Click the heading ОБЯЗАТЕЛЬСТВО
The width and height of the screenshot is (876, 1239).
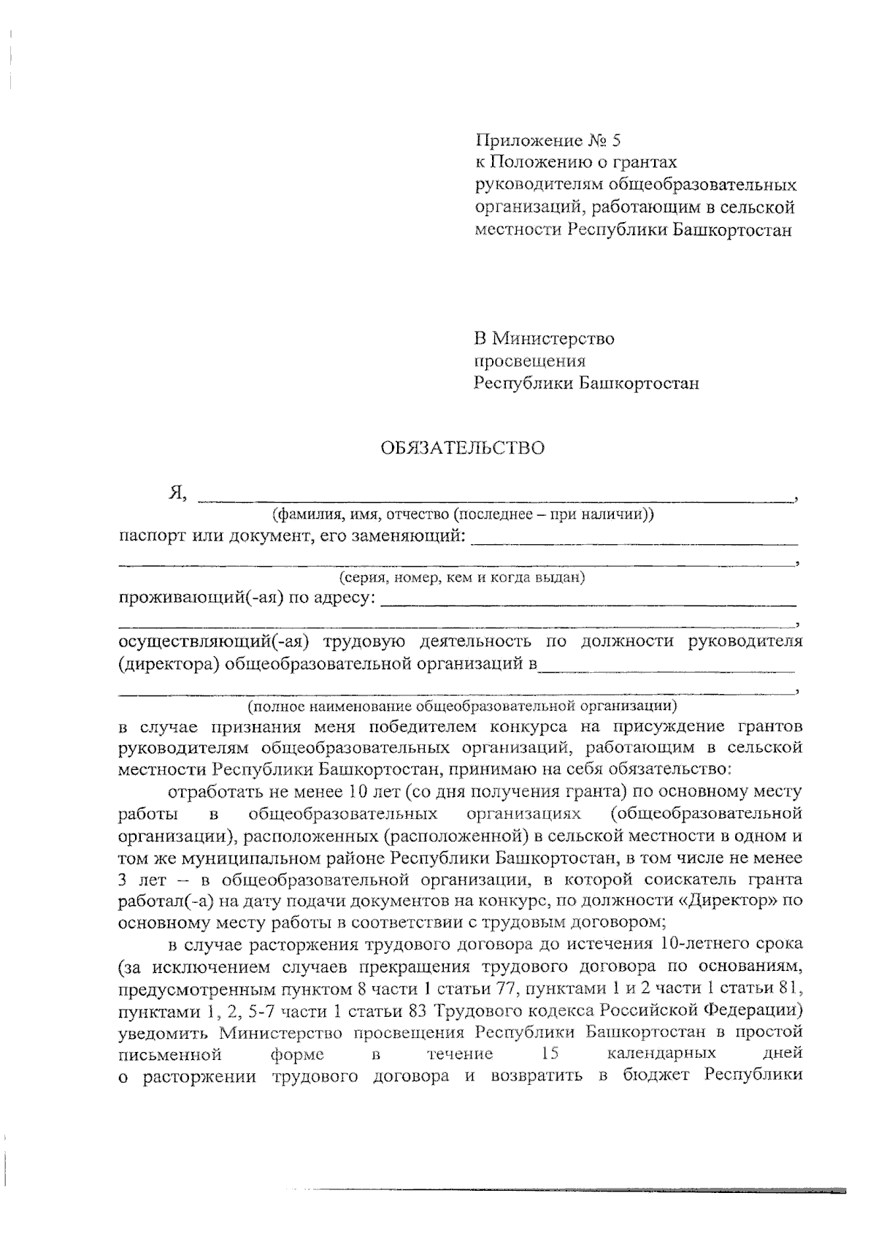coord(461,448)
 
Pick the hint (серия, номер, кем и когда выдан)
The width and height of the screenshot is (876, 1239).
coord(462,578)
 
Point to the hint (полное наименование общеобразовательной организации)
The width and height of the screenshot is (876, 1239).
coord(462,706)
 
